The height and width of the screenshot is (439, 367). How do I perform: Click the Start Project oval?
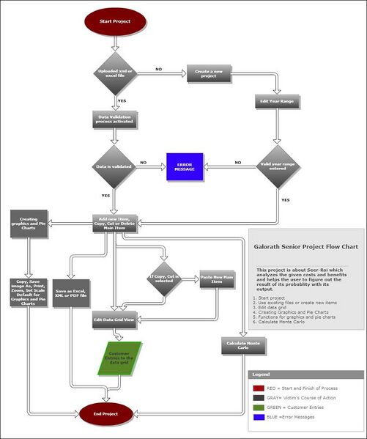pyautogui.click(x=115, y=22)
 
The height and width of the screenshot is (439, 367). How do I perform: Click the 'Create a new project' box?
pyautogui.click(x=209, y=73)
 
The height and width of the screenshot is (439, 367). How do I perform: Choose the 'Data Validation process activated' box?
pyautogui.click(x=115, y=119)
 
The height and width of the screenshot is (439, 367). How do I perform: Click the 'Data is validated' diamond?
pyautogui.click(x=114, y=167)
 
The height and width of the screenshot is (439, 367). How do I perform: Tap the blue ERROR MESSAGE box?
pyautogui.click(x=185, y=166)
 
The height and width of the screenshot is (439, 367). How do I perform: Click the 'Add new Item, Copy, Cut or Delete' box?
pyautogui.click(x=115, y=223)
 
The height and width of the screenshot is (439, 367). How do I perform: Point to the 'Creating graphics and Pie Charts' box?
pyautogui.click(x=29, y=224)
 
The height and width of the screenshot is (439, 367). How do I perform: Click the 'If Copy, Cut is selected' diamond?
pyautogui.click(x=164, y=278)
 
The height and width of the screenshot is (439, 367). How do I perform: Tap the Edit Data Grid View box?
pyautogui.click(x=114, y=320)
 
